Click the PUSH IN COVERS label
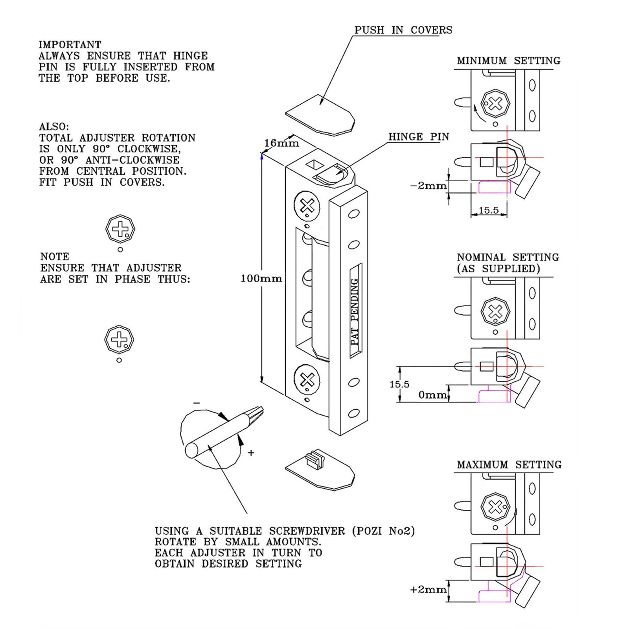click(x=403, y=30)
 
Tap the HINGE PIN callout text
click(x=418, y=137)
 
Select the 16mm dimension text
click(x=281, y=143)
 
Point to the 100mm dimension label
click(x=261, y=279)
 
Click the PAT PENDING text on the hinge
click(x=355, y=311)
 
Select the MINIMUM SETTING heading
click(x=508, y=61)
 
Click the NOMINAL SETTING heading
click(x=508, y=257)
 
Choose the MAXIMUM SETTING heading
click(x=509, y=465)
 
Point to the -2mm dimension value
click(x=428, y=186)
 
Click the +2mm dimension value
click(x=428, y=590)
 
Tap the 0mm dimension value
click(x=432, y=395)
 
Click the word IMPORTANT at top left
click(x=70, y=44)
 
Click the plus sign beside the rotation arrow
click(x=251, y=453)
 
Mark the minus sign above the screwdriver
click(x=197, y=403)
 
